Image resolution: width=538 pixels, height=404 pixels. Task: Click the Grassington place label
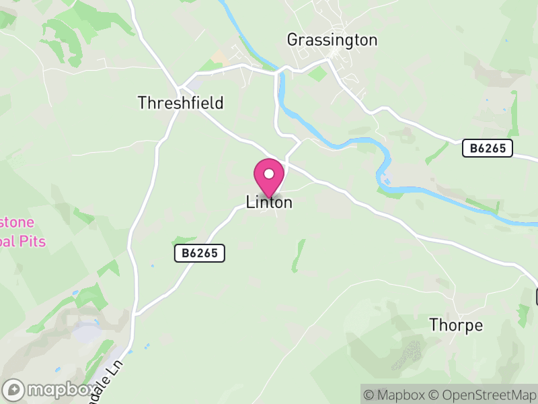[332, 40]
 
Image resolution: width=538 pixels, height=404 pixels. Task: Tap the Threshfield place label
[180, 103]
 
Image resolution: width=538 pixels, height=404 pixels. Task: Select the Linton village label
[269, 202]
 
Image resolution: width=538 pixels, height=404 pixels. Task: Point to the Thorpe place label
[456, 326]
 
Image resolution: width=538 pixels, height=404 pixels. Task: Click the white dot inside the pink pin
[269, 174]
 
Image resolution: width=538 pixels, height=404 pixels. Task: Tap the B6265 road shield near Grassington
[488, 149]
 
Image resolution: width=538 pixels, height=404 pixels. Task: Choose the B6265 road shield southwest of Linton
[199, 253]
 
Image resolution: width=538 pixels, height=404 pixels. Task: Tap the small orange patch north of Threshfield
[220, 58]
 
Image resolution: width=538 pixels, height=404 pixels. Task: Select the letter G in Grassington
[293, 40]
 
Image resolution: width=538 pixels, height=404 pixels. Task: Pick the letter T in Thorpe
[434, 326]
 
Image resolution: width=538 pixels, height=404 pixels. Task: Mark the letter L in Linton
[250, 202]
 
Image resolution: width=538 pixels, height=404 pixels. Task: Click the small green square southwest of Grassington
[317, 73]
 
